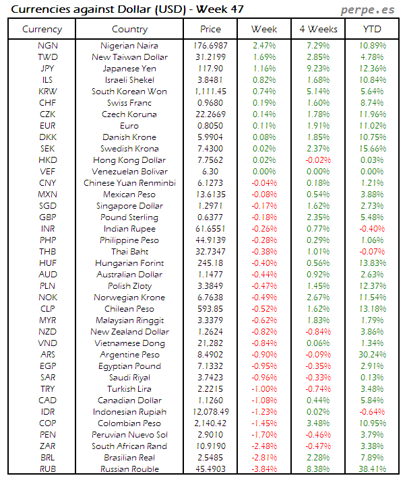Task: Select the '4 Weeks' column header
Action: tap(317, 29)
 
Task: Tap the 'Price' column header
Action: tap(210, 29)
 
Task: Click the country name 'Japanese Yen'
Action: tap(129, 69)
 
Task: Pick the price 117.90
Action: tap(210, 69)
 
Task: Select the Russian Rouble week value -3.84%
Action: tap(263, 469)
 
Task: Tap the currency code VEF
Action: tap(48, 172)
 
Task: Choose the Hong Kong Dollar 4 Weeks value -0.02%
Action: tap(317, 160)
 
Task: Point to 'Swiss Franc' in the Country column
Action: tap(129, 103)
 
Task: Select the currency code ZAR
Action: tap(48, 446)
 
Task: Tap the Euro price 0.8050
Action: tap(210, 126)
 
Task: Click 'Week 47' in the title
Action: tap(220, 9)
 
